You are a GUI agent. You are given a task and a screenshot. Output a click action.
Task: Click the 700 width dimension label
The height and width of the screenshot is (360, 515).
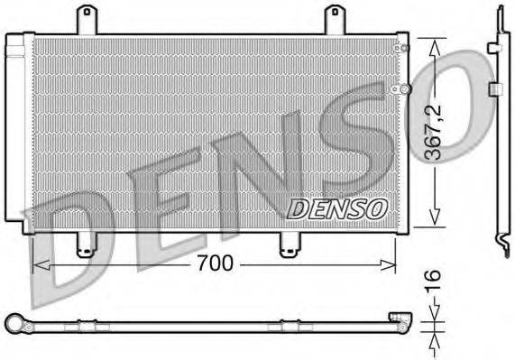(216, 263)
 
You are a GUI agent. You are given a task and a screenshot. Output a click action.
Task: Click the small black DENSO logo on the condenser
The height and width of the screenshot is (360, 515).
(337, 208)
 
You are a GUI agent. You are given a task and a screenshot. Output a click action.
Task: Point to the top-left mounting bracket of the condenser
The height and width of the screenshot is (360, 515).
(87, 20)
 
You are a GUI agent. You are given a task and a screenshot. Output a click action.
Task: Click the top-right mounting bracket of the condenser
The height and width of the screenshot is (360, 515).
(334, 20)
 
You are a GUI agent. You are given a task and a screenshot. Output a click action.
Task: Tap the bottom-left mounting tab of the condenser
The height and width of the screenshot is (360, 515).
(85, 244)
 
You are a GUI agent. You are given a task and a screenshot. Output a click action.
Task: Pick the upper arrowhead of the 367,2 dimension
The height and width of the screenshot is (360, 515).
(435, 44)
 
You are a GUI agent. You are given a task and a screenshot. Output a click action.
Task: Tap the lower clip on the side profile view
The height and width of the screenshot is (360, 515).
(494, 88)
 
